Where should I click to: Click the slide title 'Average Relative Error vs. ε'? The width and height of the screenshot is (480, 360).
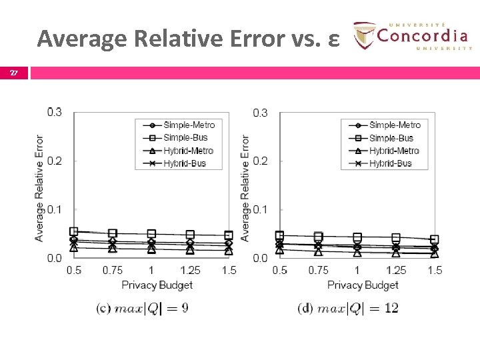[189, 39]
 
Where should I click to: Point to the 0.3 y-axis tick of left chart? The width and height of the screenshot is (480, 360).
[54, 112]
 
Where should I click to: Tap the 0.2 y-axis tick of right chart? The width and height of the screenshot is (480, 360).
[260, 161]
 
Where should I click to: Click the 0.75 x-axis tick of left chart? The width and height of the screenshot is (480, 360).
[112, 270]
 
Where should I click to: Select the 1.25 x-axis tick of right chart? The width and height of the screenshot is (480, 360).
[395, 270]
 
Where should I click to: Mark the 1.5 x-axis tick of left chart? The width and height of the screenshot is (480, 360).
[229, 270]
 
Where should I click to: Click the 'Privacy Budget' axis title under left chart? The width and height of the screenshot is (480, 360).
[157, 285]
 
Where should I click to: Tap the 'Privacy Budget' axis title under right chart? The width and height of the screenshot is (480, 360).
[363, 285]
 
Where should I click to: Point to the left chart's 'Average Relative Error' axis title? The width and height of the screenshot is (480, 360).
[39, 188]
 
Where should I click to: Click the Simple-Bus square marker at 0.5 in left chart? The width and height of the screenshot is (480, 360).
[74, 231]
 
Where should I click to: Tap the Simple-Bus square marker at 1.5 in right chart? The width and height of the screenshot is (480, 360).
[435, 239]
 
